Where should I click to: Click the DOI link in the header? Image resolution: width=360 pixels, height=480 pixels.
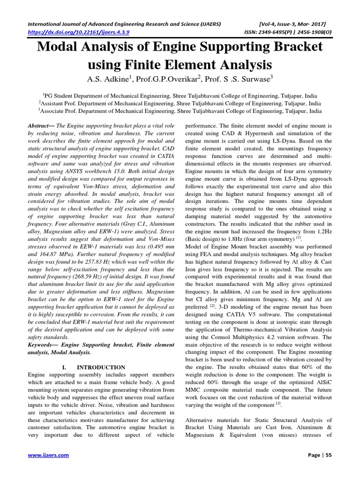pos(79,32)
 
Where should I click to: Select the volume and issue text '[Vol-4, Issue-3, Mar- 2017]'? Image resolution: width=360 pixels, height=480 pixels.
pos(292,23)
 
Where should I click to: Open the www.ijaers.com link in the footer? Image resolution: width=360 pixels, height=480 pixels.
pos(49,455)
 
